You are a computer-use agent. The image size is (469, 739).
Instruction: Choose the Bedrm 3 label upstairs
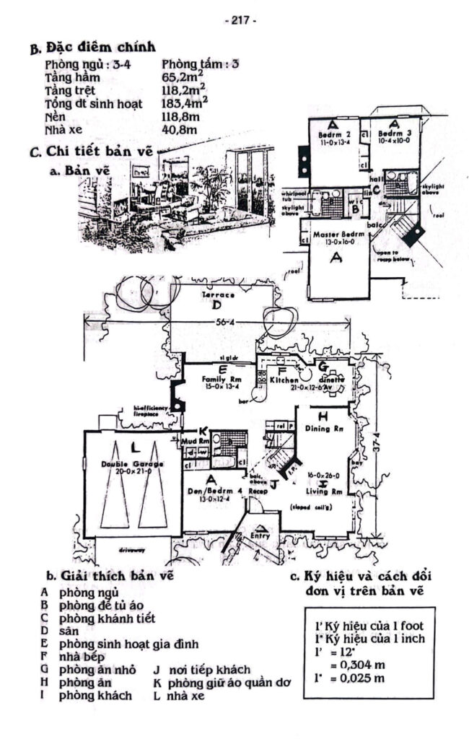point(393,135)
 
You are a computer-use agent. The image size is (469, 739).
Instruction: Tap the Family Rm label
point(222,379)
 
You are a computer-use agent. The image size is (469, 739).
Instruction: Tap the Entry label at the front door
point(260,536)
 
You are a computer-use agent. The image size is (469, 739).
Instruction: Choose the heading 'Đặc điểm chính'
point(101,48)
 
